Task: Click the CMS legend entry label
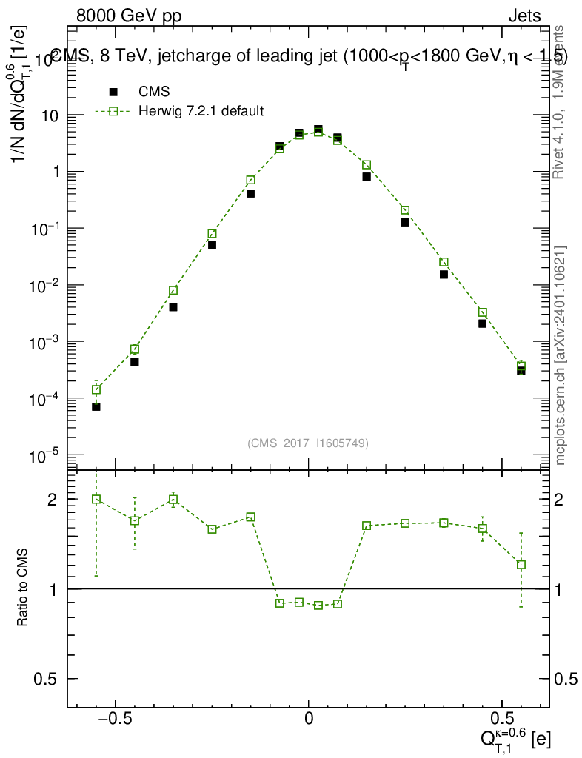pyautogui.click(x=154, y=92)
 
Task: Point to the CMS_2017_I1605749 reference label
pyautogui.click(x=308, y=443)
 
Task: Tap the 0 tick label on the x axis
pyautogui.click(x=309, y=719)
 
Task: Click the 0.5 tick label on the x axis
pyautogui.click(x=504, y=719)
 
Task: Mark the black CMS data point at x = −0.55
pyautogui.click(x=96, y=406)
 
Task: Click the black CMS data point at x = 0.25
pyautogui.click(x=406, y=222)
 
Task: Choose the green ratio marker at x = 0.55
pyautogui.click(x=521, y=565)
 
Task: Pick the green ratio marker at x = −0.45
pyautogui.click(x=135, y=520)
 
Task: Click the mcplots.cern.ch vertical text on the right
pyautogui.click(x=561, y=355)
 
